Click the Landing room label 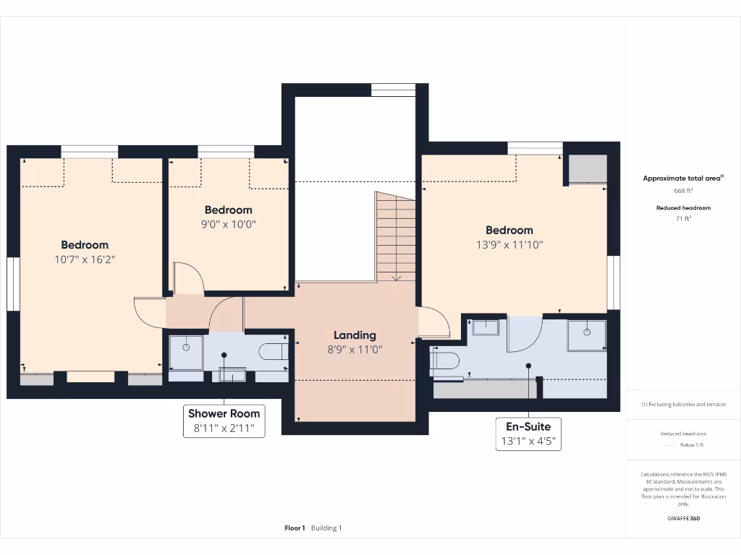pos(355,335)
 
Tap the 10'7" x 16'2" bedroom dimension pos(85,259)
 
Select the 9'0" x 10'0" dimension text pos(228,224)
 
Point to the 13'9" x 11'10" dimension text pos(509,244)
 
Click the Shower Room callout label pos(223,413)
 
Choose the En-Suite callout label pos(528,426)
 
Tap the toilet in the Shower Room pos(274,352)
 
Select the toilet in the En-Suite pos(445,360)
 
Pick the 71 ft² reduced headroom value pos(683,218)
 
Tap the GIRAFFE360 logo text pos(683,518)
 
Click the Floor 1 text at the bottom pos(295,528)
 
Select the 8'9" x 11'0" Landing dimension pos(355,349)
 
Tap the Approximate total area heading pos(683,178)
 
